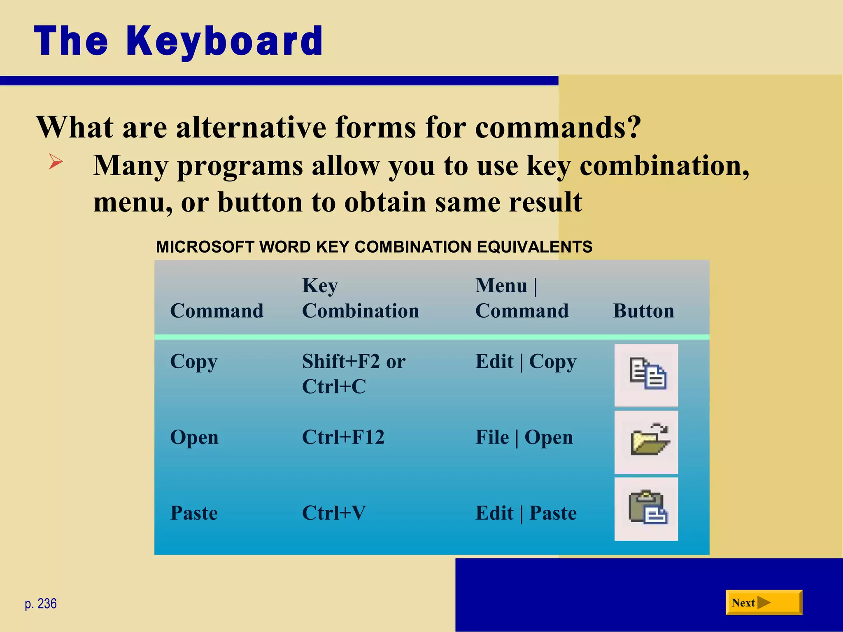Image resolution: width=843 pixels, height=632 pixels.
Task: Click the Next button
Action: (763, 603)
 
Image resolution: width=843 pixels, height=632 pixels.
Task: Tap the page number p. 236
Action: (40, 604)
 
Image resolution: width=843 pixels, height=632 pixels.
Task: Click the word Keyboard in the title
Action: (224, 41)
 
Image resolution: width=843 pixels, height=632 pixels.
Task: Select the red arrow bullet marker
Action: (56, 161)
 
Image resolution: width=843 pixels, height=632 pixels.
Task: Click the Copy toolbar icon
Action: (646, 374)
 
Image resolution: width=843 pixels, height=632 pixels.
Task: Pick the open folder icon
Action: (646, 441)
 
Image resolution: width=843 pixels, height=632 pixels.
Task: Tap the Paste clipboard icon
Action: (646, 509)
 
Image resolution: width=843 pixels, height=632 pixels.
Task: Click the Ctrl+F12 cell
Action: (343, 437)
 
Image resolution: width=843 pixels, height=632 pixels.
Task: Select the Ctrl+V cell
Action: (333, 513)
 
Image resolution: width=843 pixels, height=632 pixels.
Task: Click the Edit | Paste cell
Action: (526, 513)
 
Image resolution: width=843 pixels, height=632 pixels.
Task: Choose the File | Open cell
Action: (524, 437)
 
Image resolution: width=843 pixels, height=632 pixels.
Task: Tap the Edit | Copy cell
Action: (526, 361)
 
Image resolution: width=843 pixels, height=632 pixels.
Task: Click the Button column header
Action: (643, 311)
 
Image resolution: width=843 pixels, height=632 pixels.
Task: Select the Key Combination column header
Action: (360, 298)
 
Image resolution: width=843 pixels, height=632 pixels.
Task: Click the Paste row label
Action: (193, 513)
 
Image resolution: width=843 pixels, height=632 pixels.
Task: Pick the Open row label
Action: (194, 437)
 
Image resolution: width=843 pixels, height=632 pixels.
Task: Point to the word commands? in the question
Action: (558, 127)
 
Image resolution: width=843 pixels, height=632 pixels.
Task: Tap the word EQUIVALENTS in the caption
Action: (534, 247)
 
